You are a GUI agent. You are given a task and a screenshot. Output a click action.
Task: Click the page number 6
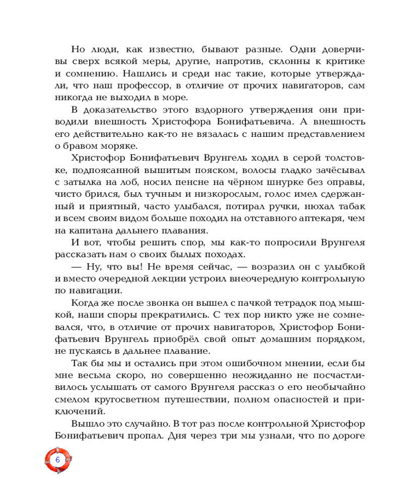pyautogui.click(x=57, y=460)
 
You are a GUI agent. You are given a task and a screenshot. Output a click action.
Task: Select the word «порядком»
pyautogui.click(x=339, y=340)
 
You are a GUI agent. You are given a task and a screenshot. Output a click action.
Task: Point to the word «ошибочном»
pyautogui.click(x=242, y=364)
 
